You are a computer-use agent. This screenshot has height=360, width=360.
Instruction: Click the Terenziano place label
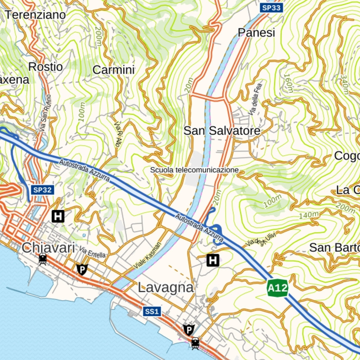[x=35, y=15]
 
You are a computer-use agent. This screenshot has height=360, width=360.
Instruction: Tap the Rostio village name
[x=46, y=67]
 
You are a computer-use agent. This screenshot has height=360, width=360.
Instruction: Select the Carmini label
[x=114, y=70]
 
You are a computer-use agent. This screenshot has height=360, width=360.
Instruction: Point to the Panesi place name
[x=256, y=33]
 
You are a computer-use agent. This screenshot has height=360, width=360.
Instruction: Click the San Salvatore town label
[x=222, y=131]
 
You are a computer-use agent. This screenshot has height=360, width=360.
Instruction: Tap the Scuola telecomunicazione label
[x=195, y=170]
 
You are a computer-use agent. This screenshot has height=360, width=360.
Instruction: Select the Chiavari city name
[x=48, y=248]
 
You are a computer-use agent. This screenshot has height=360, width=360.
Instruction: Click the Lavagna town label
[x=166, y=288]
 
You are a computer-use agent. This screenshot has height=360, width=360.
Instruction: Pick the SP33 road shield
[x=271, y=8]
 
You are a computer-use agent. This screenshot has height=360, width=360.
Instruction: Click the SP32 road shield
[x=43, y=190]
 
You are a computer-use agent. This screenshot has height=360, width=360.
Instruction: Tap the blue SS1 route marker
[x=152, y=311]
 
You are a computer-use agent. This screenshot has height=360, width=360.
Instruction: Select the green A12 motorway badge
[x=277, y=288]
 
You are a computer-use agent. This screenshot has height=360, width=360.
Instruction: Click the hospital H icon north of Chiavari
[x=58, y=216]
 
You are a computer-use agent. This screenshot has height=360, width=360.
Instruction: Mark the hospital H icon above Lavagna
[x=213, y=260]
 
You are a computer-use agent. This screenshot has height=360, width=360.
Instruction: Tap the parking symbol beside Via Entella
[x=82, y=269]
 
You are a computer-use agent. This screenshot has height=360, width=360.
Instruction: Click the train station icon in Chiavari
[x=43, y=259]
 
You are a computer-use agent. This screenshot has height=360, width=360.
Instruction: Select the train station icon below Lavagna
[x=195, y=343]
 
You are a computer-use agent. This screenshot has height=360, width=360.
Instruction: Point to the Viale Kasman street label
[x=148, y=255]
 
